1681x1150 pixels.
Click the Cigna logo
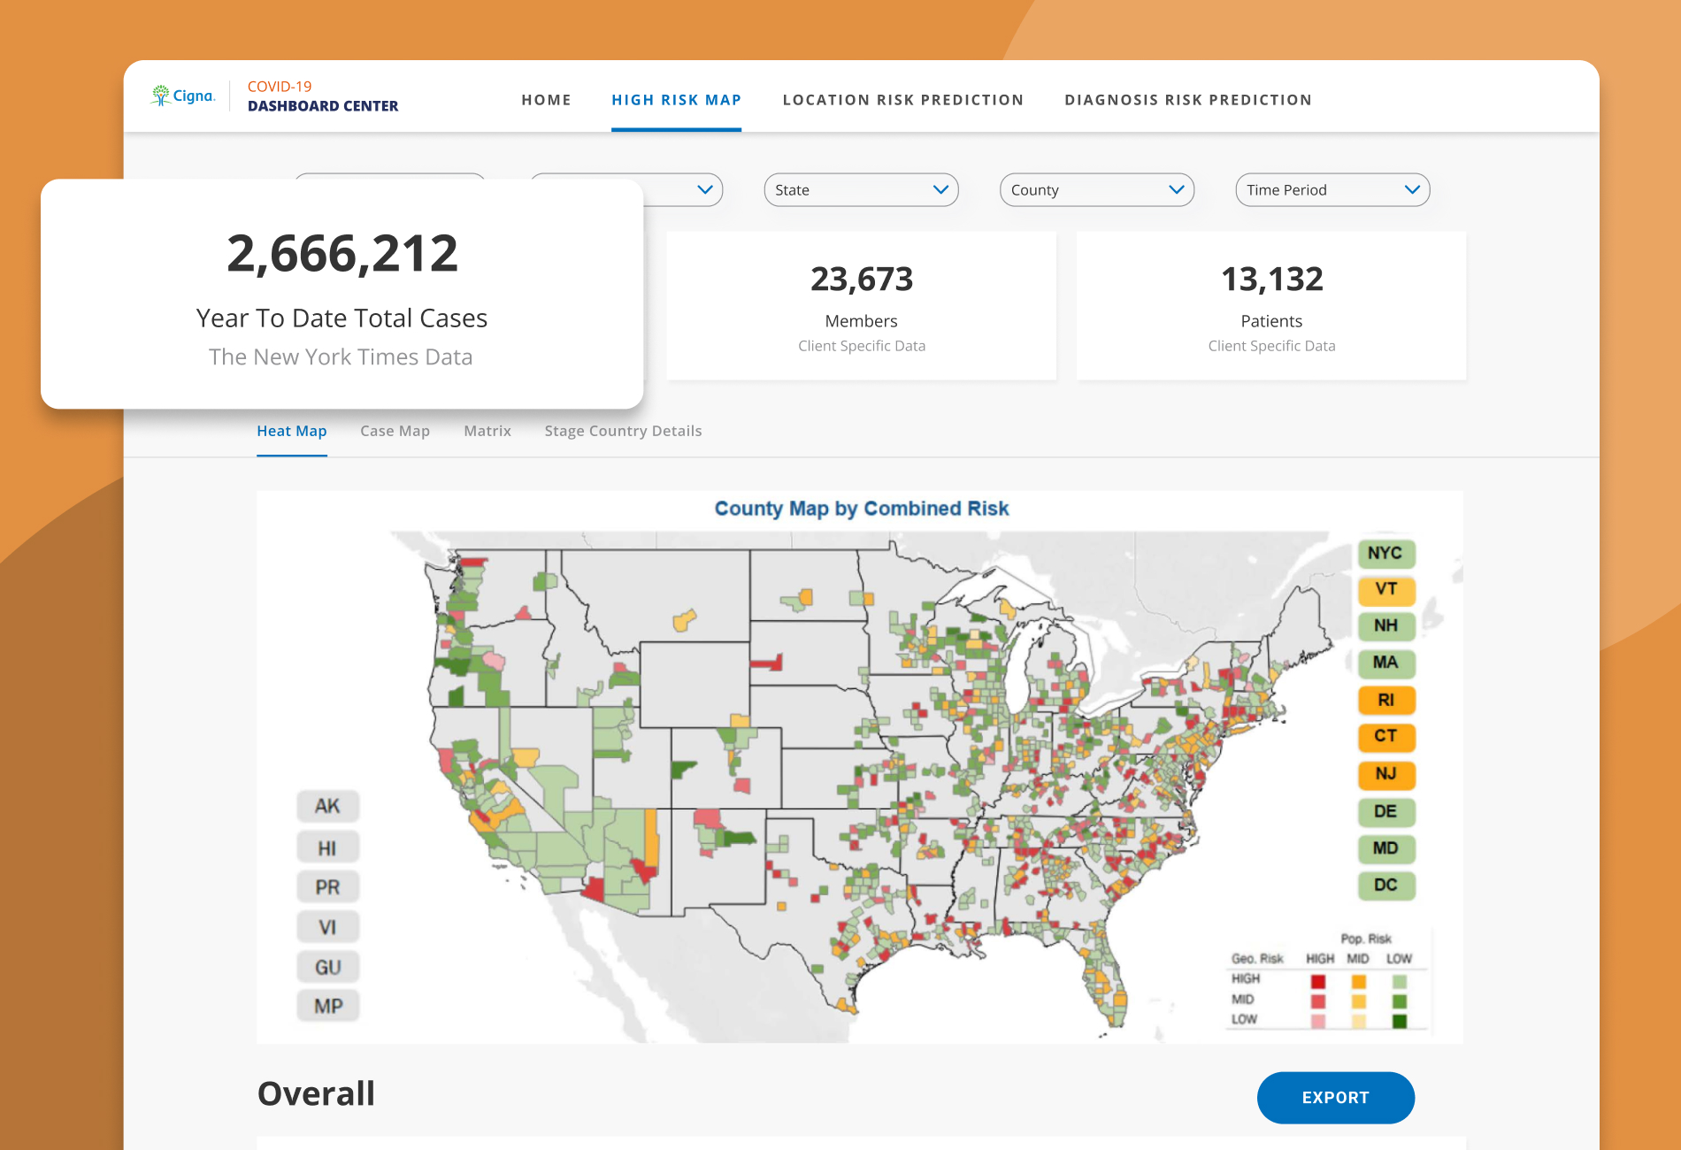183,96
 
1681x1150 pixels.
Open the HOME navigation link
546,100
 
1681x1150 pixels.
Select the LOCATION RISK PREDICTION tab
902,100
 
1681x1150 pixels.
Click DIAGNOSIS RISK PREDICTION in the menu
1188,100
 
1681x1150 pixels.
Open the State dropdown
861,190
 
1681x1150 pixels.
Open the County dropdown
1097,190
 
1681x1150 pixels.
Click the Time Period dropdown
1332,190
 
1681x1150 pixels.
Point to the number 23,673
862,280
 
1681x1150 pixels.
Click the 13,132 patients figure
1272,280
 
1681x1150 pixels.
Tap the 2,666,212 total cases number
342,254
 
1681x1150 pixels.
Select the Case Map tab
395,431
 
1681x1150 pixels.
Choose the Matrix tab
487,431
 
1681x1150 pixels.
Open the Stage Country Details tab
623,431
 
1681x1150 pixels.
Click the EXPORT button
1336,1098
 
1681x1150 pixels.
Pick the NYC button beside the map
1385,554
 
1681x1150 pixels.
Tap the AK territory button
327,806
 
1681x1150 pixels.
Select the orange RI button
1385,701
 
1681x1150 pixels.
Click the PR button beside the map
327,887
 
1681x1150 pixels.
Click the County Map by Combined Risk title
862,509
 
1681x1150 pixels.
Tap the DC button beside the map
1385,885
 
